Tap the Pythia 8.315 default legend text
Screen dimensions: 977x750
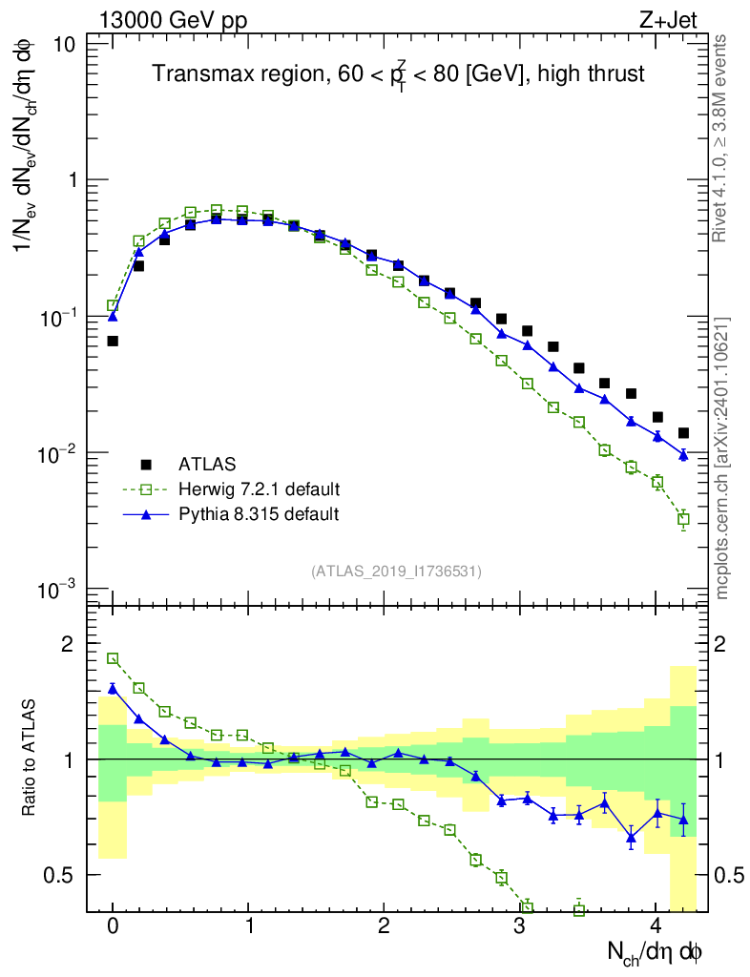point(259,514)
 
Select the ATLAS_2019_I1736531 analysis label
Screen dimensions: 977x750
point(396,572)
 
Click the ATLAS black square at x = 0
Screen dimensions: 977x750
point(113,341)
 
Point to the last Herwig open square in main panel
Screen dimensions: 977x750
point(682,519)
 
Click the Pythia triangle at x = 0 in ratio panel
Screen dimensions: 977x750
point(113,688)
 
